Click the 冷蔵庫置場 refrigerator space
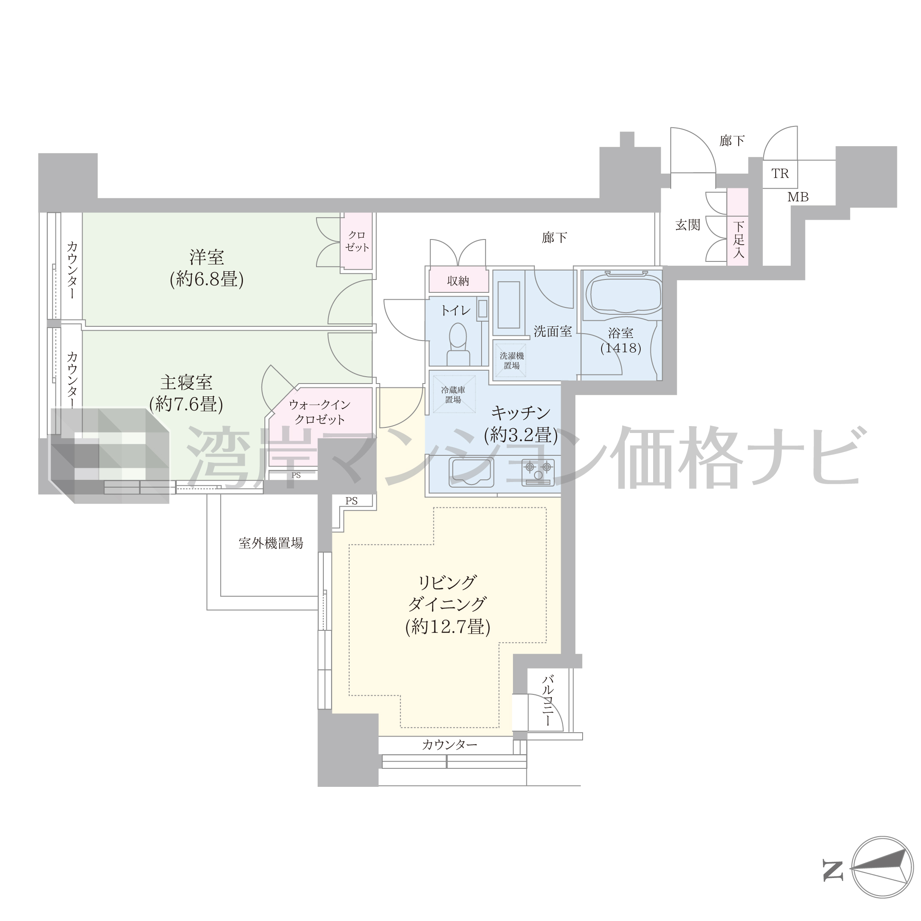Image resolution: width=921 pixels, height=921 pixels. pyautogui.click(x=454, y=395)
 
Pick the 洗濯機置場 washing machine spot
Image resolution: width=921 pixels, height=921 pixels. pyautogui.click(x=512, y=361)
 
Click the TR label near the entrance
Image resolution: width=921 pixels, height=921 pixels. pyautogui.click(x=780, y=174)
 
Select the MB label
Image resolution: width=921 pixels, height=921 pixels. pyautogui.click(x=798, y=197)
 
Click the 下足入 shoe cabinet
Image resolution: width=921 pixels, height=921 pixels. pyautogui.click(x=738, y=227)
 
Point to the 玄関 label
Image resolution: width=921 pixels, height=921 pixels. pyautogui.click(x=688, y=225)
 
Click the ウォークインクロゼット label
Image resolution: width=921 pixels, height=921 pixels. pyautogui.click(x=319, y=412)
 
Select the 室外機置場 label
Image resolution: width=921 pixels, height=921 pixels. pyautogui.click(x=271, y=543)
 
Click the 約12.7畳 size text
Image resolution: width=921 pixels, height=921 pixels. pyautogui.click(x=448, y=626)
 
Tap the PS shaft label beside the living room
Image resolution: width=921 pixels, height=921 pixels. pyautogui.click(x=351, y=501)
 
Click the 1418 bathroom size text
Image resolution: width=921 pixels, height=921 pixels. pyautogui.click(x=621, y=348)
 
